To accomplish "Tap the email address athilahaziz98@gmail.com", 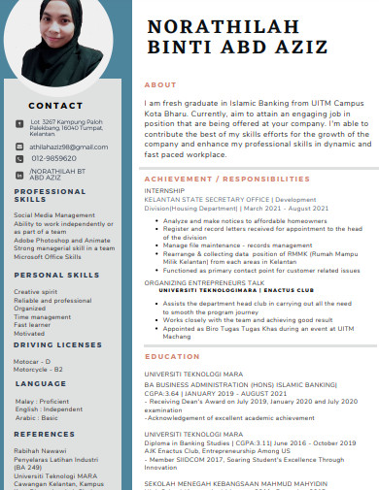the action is [69, 145].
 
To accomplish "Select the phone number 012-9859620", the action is [53, 158].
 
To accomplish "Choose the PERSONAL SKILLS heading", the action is [57, 276].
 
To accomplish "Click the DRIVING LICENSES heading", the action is [57, 344].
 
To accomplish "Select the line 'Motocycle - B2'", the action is [39, 369].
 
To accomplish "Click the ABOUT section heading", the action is [160, 85].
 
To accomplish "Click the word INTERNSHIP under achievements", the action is [164, 191].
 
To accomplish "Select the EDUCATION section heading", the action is [172, 357].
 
